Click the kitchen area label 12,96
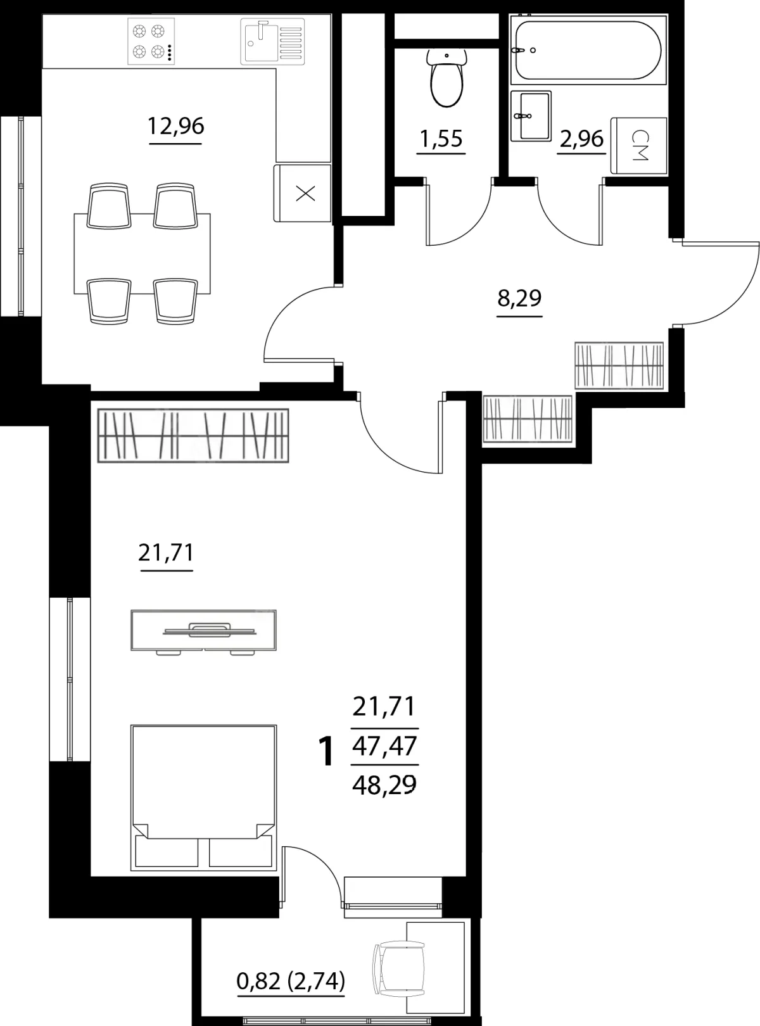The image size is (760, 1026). [175, 126]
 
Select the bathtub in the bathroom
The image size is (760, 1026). [588, 50]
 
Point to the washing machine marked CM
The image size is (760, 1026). [639, 145]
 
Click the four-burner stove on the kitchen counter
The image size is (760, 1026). [151, 41]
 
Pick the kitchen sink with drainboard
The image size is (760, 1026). [272, 41]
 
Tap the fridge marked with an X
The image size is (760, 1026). [303, 193]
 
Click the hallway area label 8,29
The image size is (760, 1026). [519, 298]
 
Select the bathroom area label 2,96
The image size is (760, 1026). [581, 139]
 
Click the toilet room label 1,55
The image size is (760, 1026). [441, 139]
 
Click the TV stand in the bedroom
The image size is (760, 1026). [203, 632]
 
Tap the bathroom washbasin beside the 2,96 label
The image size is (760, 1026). [531, 116]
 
